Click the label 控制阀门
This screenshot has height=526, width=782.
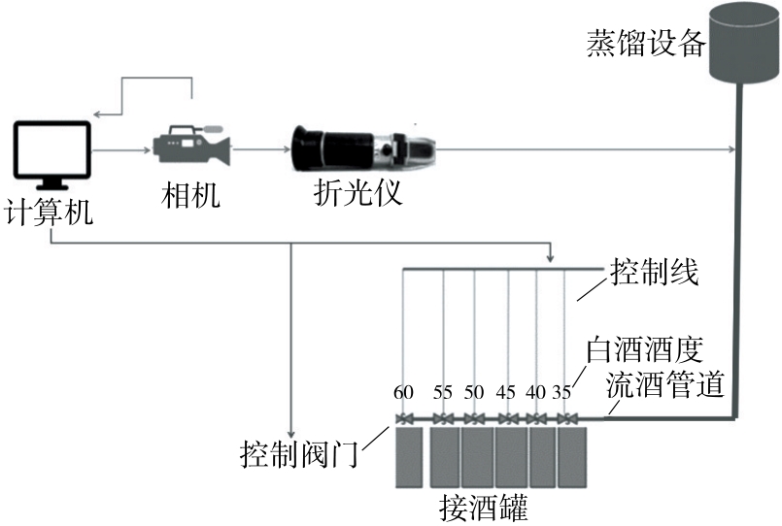[x=300, y=453]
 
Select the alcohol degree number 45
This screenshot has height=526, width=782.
[x=506, y=393]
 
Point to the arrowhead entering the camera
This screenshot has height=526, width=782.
[x=147, y=150]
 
